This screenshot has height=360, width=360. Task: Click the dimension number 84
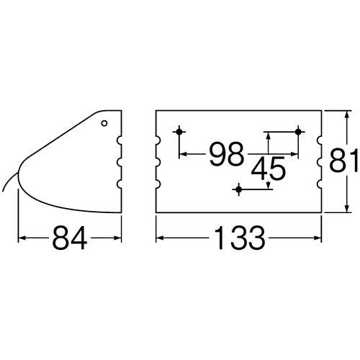pyautogui.click(x=70, y=238)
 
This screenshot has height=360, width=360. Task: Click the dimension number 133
pyautogui.click(x=240, y=238)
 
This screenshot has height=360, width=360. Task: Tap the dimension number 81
pyautogui.click(x=344, y=160)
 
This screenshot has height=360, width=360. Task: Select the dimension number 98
pyautogui.click(x=227, y=154)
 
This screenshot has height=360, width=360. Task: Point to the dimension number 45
pyautogui.click(x=269, y=168)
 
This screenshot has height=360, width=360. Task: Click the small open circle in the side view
pyautogui.click(x=104, y=123)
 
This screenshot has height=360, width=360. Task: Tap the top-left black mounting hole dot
pyautogui.click(x=179, y=132)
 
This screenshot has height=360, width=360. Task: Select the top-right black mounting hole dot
pyautogui.click(x=298, y=132)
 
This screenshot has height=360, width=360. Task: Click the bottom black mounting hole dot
pyautogui.click(x=238, y=189)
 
